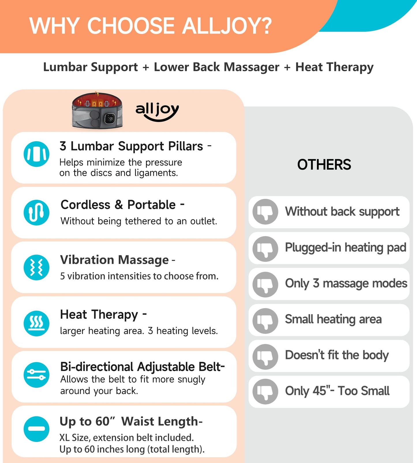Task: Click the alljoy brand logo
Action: coord(157,111)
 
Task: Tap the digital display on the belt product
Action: coord(110,118)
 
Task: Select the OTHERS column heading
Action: coord(324,165)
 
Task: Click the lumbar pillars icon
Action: coord(36,154)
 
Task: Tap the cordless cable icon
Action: coord(36,212)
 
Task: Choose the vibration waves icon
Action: coord(36,267)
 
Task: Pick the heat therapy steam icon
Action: coord(36,323)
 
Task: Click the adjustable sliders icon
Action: coord(36,375)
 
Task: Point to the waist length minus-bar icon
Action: coord(36,429)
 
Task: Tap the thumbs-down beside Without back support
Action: coord(265,212)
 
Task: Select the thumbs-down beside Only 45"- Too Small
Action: coord(265,392)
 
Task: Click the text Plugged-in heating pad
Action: coord(345,248)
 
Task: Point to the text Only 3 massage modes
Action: coord(346,283)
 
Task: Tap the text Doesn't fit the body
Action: coord(337,355)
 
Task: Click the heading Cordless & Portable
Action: coord(118,205)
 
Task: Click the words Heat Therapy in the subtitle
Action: coord(334,67)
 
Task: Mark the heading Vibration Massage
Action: coord(114,260)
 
